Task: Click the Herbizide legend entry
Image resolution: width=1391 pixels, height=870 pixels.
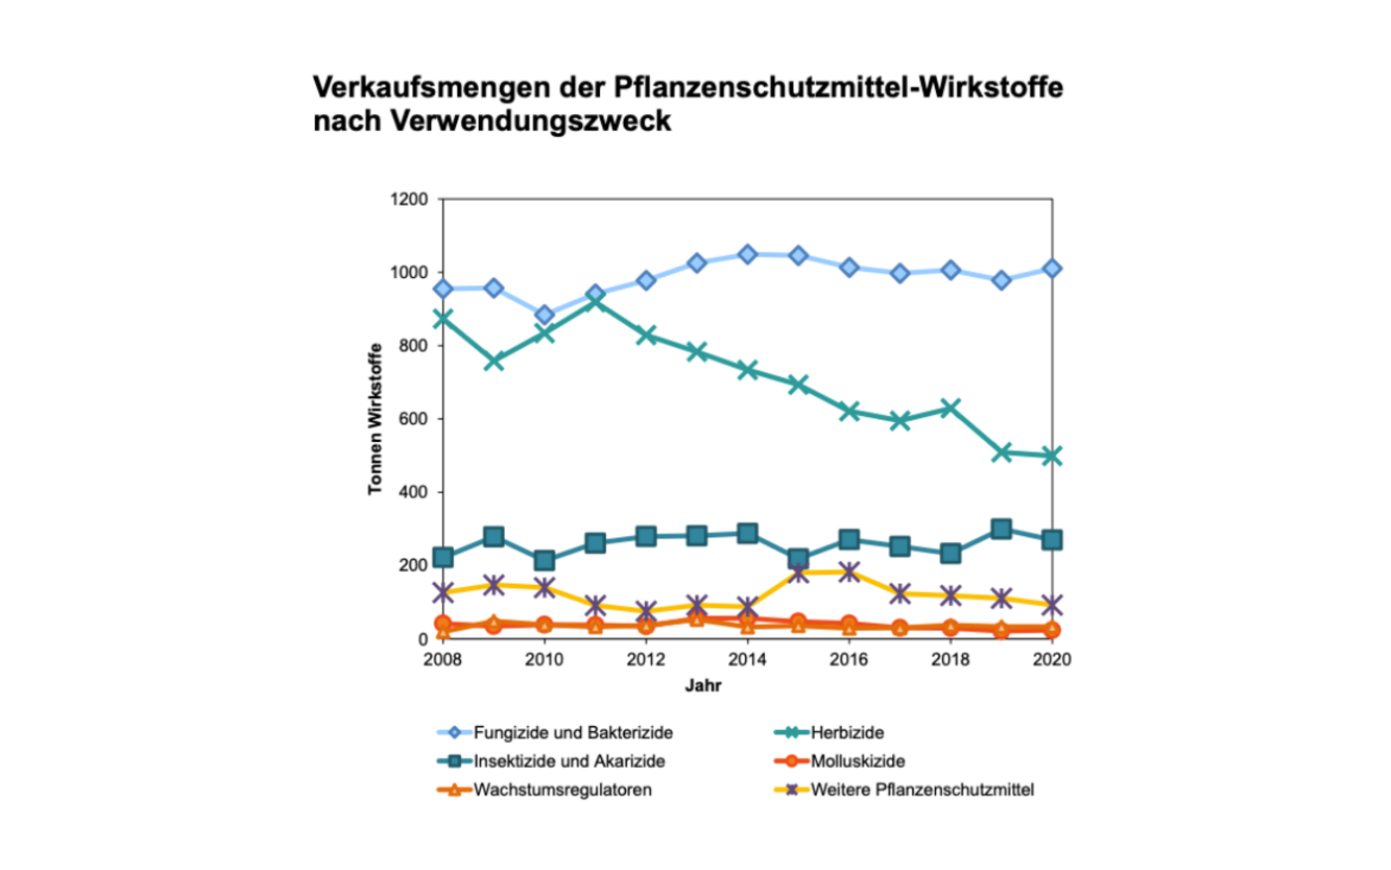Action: point(847,733)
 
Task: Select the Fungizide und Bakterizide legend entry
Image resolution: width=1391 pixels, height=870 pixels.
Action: point(572,733)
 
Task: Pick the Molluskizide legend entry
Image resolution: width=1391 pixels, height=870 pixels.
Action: point(857,762)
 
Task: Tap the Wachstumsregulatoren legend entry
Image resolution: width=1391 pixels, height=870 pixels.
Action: point(562,791)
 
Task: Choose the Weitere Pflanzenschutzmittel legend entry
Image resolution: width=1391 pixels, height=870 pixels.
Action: point(922,791)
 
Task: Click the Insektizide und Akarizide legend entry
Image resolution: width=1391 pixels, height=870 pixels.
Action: point(568,762)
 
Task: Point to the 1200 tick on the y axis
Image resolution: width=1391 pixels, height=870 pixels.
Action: point(409,200)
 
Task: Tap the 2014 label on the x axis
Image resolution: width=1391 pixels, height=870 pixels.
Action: point(747,659)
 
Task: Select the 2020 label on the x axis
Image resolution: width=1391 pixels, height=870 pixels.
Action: point(1052,659)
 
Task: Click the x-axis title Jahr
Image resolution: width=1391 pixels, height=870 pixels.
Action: point(703,685)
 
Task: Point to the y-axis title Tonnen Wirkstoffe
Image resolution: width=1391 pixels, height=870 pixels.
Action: point(376,419)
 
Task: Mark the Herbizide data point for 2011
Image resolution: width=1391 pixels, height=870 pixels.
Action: point(595,299)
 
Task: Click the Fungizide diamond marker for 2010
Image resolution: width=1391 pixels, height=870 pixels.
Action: point(544,316)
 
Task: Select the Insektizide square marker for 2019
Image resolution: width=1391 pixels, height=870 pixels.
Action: point(1002,529)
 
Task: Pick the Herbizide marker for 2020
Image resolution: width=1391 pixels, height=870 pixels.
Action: point(1052,456)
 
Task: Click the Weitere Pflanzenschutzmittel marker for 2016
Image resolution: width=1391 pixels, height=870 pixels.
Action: point(849,572)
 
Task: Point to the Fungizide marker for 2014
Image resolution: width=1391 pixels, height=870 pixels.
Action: point(747,254)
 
